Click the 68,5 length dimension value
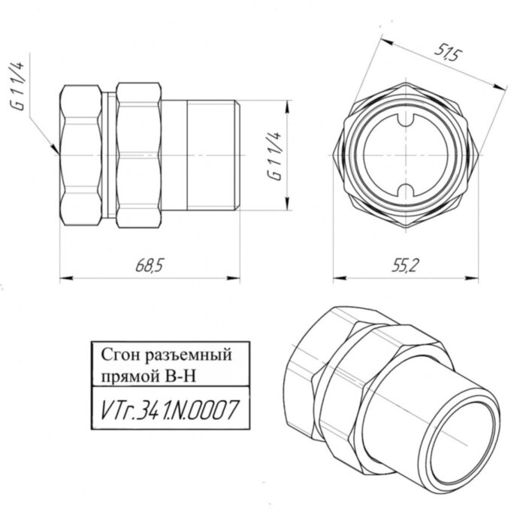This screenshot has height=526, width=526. click(x=150, y=265)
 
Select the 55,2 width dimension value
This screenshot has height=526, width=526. click(x=405, y=265)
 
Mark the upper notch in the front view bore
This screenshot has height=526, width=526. click(x=406, y=120)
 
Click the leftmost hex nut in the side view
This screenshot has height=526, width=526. click(x=81, y=154)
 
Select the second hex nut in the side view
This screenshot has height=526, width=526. click(x=140, y=154)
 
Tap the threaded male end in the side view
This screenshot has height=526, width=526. click(x=210, y=154)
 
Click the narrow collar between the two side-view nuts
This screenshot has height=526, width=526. click(x=110, y=154)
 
